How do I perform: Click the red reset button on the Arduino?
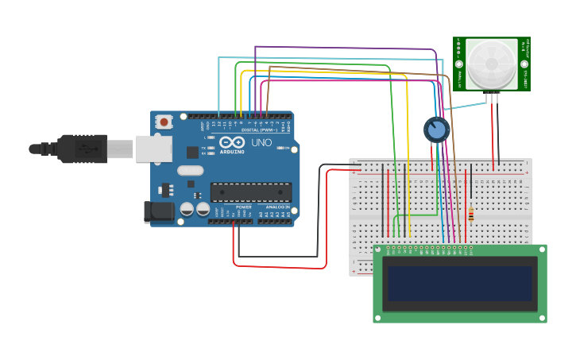(164, 122)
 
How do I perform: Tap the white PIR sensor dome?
(490, 64)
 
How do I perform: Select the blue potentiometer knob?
(436, 130)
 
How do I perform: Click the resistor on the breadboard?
(470, 214)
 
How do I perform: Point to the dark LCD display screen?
(459, 283)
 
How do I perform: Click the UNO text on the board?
(261, 143)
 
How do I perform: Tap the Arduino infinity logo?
(233, 141)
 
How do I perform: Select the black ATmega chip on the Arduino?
(250, 192)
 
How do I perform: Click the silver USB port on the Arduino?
(153, 149)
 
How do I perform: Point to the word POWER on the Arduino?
(243, 207)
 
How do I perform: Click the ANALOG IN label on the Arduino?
(277, 207)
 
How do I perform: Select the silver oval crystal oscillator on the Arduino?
(191, 170)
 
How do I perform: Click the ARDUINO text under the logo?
(233, 150)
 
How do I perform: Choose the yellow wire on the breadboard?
(408, 159)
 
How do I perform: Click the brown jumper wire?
(450, 159)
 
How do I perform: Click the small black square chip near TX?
(192, 152)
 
